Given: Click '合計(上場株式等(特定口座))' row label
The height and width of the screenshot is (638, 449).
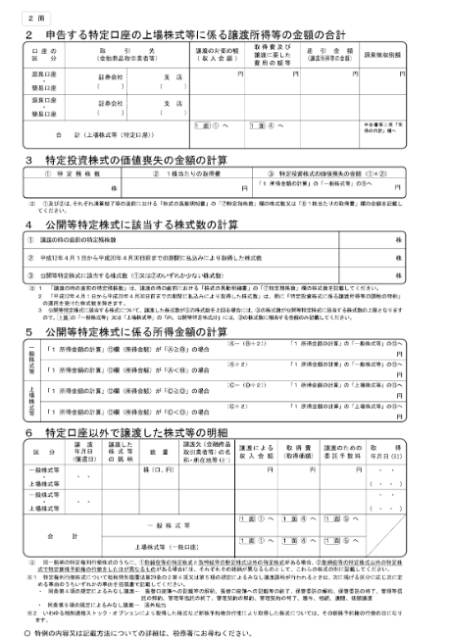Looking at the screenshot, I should coord(108,132).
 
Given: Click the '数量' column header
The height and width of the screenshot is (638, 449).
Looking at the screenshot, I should coord(159,451).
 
